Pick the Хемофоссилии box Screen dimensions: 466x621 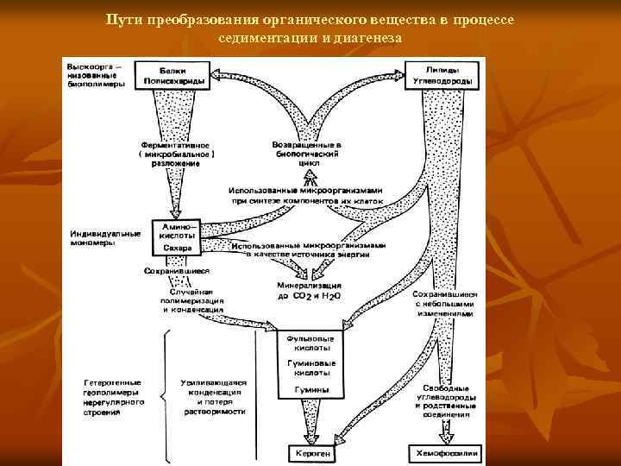[443, 452]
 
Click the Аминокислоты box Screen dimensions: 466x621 [177, 230]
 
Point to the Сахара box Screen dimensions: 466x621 [177, 248]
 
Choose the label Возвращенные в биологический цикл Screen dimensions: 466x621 [308, 153]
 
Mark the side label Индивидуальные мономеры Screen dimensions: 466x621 [105, 237]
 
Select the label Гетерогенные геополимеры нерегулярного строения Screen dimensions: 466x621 [114, 396]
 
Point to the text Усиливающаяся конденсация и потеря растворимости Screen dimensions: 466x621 [214, 396]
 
